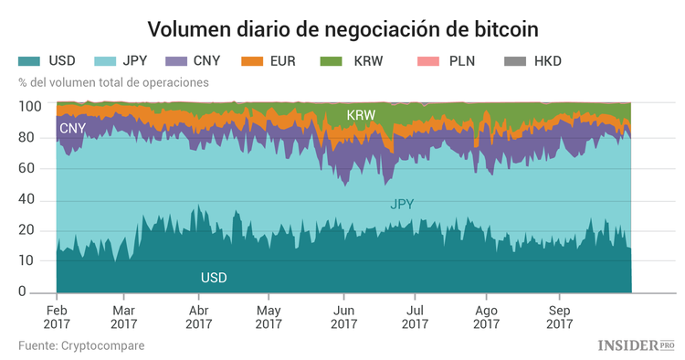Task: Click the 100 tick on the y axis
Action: [x=28, y=107]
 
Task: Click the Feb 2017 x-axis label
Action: [x=57, y=316]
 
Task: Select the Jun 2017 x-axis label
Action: [x=343, y=316]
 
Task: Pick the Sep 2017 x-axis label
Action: [x=559, y=316]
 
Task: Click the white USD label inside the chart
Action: [x=214, y=277]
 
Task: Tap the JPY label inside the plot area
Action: [x=402, y=205]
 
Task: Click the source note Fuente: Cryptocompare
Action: [x=81, y=345]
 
